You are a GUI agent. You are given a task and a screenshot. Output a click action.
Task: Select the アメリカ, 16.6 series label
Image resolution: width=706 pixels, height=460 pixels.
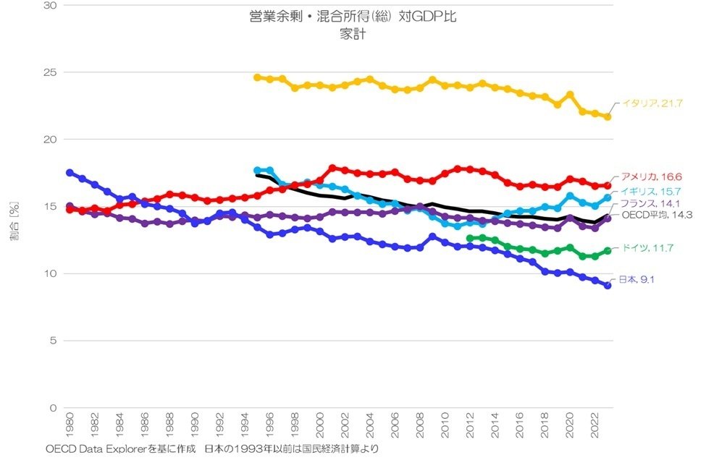[651, 176]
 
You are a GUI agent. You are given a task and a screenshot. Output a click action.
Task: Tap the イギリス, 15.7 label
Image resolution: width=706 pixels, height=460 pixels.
[650, 191]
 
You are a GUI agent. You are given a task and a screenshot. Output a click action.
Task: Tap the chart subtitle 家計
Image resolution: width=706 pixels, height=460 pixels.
[353, 34]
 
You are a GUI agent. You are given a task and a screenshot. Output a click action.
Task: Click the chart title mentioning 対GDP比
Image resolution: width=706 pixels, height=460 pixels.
[353, 17]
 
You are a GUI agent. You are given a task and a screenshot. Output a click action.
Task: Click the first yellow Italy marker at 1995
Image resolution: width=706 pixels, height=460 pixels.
[257, 77]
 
